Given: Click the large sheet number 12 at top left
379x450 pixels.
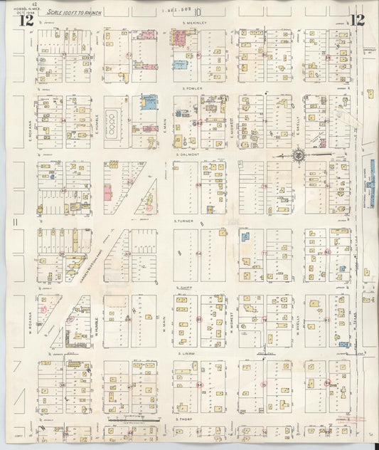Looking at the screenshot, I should (x=26, y=19).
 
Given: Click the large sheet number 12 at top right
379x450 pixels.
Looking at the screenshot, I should (x=357, y=19).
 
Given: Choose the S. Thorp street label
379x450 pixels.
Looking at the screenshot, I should (x=187, y=419).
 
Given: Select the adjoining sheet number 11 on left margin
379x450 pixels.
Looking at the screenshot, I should (x=14, y=224).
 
